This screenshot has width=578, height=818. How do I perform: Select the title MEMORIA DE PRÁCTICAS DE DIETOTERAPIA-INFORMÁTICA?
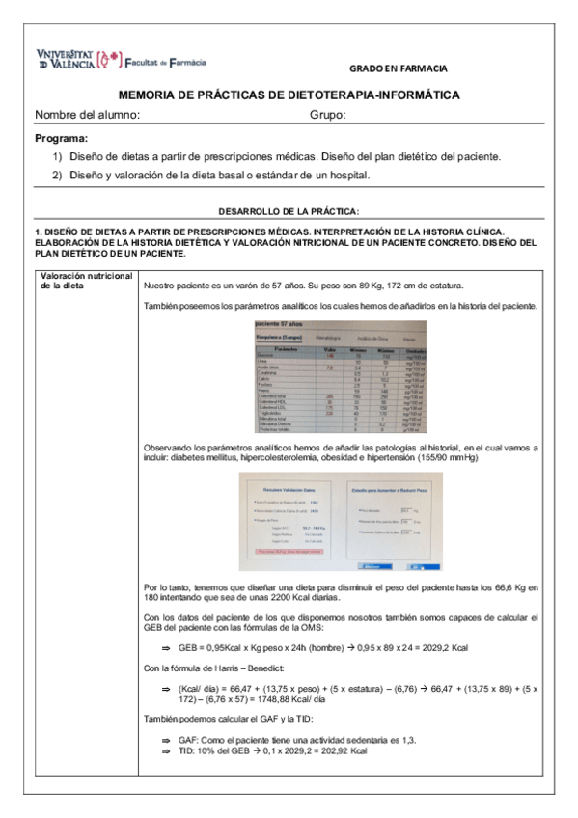pos(288,95)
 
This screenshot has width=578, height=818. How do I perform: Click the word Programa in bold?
pos(61,138)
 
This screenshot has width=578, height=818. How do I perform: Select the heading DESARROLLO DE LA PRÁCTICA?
pos(289,210)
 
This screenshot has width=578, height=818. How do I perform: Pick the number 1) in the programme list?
pos(57,156)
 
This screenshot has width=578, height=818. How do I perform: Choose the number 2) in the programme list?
pos(57,175)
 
